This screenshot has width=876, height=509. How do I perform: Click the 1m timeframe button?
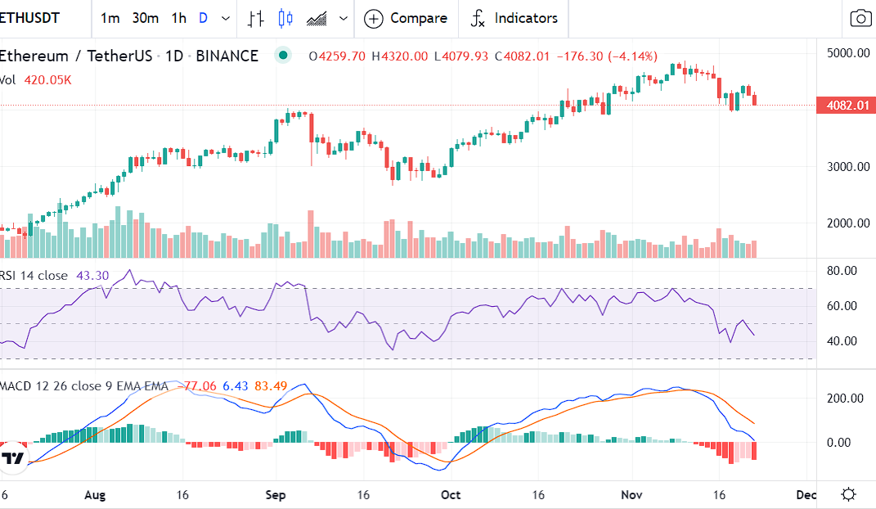pyautogui.click(x=110, y=18)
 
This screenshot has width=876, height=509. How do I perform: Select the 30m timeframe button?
pyautogui.click(x=145, y=18)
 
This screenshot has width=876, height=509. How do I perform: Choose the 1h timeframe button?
pyautogui.click(x=178, y=18)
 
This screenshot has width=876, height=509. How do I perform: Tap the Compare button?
pyautogui.click(x=407, y=18)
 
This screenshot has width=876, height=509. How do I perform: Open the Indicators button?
pyautogui.click(x=514, y=18)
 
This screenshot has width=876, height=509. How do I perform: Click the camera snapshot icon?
pyautogui.click(x=860, y=18)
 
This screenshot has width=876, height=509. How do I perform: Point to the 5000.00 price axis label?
pyautogui.click(x=847, y=53)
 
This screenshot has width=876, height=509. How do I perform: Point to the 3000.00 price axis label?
pyautogui.click(x=847, y=166)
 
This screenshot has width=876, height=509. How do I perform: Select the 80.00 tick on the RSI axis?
pyautogui.click(x=842, y=271)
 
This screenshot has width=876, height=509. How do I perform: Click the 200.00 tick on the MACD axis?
pyautogui.click(x=845, y=399)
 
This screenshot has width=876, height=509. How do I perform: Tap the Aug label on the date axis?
pyautogui.click(x=96, y=494)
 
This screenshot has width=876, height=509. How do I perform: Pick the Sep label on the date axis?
pyautogui.click(x=276, y=494)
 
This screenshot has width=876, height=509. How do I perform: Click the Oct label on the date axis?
pyautogui.click(x=451, y=494)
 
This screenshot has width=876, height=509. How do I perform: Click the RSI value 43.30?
pyautogui.click(x=93, y=276)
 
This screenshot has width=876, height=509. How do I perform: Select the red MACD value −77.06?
pyautogui.click(x=200, y=385)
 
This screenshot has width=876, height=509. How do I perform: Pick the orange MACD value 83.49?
pyautogui.click(x=267, y=385)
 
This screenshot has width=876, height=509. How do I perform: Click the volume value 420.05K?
pyautogui.click(x=47, y=80)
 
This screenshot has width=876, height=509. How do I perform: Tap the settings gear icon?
pyautogui.click(x=848, y=494)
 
